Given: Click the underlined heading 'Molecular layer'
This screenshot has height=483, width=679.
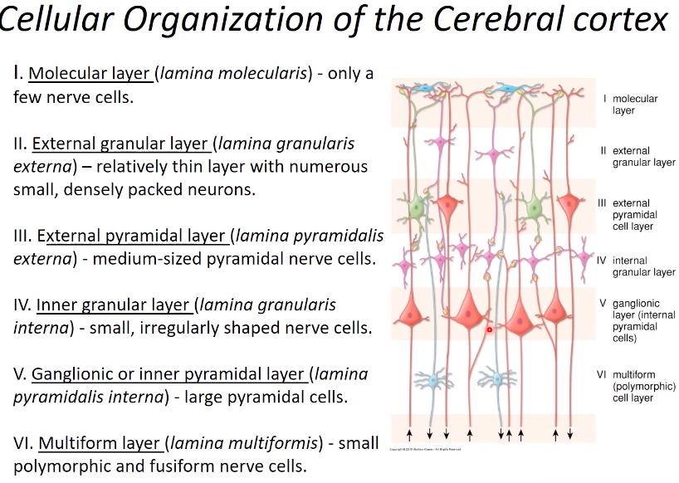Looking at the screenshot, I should pyautogui.click(x=90, y=74).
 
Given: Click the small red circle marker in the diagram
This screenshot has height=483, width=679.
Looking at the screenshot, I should pyautogui.click(x=490, y=329).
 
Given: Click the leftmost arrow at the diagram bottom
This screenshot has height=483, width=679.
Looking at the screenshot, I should pyautogui.click(x=409, y=433).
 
